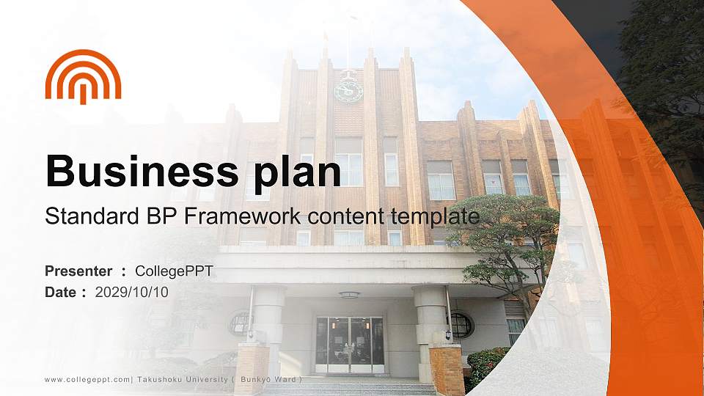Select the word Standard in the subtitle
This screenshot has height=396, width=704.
coord(92,216)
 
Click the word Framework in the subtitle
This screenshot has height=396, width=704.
coord(243,216)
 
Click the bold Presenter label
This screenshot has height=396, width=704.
coord(78,271)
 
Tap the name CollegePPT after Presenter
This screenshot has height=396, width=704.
coord(175,271)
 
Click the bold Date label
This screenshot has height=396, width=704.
coord(61,293)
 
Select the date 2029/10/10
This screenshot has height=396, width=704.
coord(131,293)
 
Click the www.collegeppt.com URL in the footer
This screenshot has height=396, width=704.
coord(87,380)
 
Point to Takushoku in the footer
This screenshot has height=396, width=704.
coord(159,379)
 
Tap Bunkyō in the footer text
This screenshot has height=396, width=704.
coord(255,379)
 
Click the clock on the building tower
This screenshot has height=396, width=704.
coord(348,91)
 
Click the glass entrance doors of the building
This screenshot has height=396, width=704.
coord(350,345)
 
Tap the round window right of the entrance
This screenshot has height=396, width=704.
coord(461,326)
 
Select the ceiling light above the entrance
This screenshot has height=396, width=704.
coord(349,295)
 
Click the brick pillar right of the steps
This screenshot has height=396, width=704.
coord(447,370)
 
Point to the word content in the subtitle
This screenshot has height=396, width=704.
coord(345,217)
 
